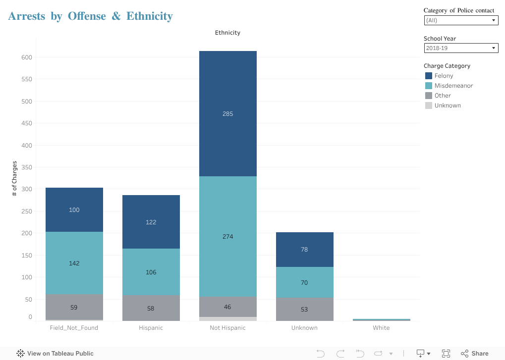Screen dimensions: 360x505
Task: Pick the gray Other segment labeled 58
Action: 151,308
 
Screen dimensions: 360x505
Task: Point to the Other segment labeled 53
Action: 304,309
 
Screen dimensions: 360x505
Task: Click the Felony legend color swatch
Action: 429,76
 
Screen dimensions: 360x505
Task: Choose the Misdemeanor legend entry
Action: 453,86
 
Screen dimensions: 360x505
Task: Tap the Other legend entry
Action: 443,96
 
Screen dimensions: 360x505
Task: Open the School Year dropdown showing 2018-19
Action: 461,48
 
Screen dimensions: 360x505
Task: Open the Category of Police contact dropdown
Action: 461,20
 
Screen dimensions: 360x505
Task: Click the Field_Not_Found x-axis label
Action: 74,328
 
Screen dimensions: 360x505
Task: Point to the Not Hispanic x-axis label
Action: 227,328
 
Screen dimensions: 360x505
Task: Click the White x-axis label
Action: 381,328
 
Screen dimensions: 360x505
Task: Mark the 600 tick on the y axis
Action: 27,57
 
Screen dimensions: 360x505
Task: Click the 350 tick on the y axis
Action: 27,167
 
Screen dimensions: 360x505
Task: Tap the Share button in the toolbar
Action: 475,354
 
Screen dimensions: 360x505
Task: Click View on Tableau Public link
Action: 55,354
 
